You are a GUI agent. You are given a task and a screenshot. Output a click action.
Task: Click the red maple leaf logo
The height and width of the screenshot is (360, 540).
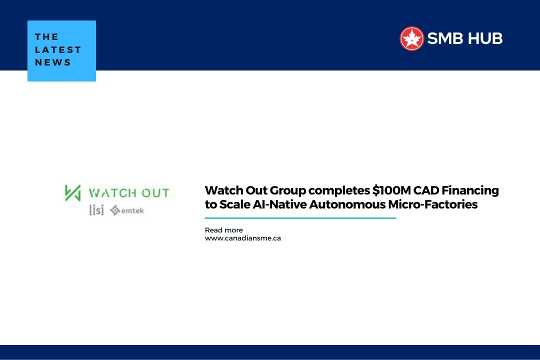[x=411, y=38]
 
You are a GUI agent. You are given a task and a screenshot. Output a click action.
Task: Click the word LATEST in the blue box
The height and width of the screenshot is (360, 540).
[x=58, y=49]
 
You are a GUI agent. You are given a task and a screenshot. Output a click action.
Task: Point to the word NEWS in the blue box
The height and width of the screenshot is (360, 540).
[x=52, y=62]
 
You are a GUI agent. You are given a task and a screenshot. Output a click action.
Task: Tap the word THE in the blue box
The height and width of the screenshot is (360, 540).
[x=46, y=37]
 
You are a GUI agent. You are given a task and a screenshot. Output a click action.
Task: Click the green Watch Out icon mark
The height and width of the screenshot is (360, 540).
[x=72, y=192]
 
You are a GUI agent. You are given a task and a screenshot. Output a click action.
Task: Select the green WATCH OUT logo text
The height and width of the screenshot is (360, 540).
[x=129, y=193]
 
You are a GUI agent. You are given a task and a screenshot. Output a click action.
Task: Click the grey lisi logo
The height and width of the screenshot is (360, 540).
[x=96, y=210]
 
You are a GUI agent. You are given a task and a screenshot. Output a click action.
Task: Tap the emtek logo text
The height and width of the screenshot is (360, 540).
[x=132, y=210]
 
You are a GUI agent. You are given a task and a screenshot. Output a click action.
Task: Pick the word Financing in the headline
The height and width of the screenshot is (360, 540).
[x=470, y=191]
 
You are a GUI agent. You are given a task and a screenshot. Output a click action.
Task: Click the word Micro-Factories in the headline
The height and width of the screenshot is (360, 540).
[x=433, y=204]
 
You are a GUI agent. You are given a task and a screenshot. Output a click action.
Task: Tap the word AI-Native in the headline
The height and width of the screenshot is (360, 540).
[x=279, y=204]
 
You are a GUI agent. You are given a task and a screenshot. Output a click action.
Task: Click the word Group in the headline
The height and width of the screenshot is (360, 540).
[x=288, y=191]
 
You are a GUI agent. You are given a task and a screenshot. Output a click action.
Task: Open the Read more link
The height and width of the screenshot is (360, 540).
[x=224, y=230]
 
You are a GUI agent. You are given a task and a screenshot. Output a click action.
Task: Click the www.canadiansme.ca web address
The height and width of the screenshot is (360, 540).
[x=243, y=238]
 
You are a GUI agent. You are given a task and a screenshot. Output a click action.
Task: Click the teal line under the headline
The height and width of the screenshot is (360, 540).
[x=300, y=218]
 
